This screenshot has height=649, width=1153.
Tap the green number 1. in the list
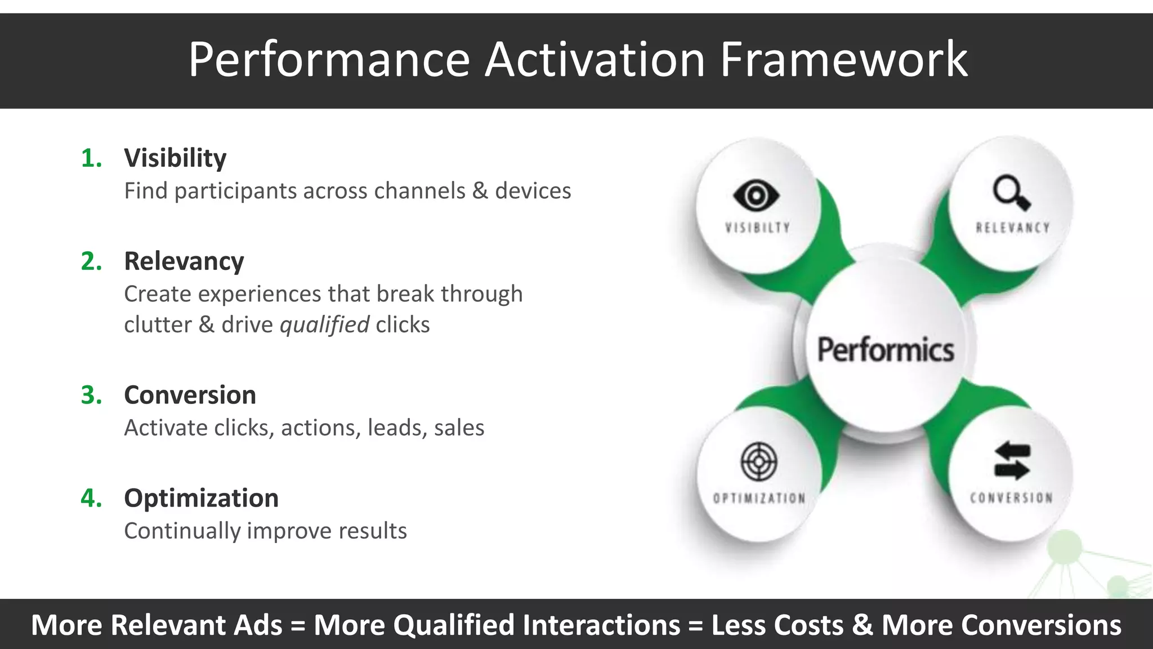[x=91, y=158]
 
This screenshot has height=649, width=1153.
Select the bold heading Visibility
[x=175, y=158]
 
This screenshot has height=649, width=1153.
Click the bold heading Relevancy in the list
[x=184, y=261]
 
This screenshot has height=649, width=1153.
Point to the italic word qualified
[x=324, y=325]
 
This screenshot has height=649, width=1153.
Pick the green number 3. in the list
[x=91, y=395]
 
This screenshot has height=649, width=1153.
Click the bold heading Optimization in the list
[x=201, y=499]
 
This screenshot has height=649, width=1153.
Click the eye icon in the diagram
[x=756, y=195]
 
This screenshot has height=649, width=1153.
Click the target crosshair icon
[x=758, y=462]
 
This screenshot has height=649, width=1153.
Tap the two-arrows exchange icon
[x=1012, y=461]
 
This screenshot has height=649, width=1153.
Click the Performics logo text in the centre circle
[x=885, y=350]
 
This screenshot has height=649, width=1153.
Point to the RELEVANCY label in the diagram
[x=1012, y=228]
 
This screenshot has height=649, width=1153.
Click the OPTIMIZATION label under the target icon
[x=758, y=499]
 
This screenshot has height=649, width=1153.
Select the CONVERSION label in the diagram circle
[x=1011, y=498]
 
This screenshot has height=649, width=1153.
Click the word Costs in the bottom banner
[x=808, y=625]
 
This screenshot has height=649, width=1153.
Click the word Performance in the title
[x=329, y=60]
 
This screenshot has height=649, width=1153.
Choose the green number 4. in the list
[x=91, y=499]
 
